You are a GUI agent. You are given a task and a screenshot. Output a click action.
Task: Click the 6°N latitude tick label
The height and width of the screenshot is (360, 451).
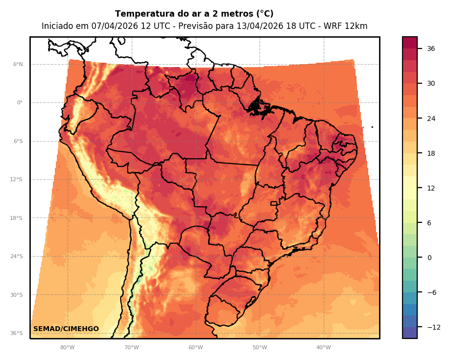click(x=18, y=65)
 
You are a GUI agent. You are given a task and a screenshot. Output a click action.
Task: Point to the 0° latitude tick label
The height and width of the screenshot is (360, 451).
click(x=20, y=103)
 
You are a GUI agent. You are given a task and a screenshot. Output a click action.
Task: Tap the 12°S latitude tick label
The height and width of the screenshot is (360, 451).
click(x=17, y=180)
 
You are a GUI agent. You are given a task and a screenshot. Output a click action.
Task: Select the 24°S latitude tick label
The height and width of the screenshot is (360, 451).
click(x=17, y=257)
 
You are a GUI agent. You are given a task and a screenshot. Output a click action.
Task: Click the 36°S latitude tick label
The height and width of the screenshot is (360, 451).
click(x=17, y=334)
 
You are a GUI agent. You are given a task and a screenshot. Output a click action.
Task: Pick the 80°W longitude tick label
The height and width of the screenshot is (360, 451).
click(x=67, y=348)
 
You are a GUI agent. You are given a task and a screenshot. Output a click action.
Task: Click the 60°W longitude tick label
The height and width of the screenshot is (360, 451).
click(x=195, y=348)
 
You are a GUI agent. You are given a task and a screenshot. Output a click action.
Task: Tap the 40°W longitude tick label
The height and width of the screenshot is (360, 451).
click(x=323, y=348)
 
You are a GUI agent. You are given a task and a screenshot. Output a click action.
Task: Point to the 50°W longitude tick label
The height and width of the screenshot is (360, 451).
click(x=260, y=348)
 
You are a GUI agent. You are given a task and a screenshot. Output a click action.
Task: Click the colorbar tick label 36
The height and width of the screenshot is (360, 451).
click(x=431, y=48)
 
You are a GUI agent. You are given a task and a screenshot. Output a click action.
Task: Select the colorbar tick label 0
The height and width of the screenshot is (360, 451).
click(x=429, y=258)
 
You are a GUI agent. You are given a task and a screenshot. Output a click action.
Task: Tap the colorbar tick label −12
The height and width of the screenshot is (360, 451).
click(x=433, y=327)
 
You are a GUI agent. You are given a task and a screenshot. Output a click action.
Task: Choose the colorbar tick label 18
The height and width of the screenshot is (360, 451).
click(x=431, y=153)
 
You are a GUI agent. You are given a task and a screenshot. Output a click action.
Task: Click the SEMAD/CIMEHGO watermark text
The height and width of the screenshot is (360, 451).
click(x=66, y=329)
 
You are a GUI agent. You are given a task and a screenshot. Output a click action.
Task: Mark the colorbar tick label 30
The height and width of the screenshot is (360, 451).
click(x=431, y=83)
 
